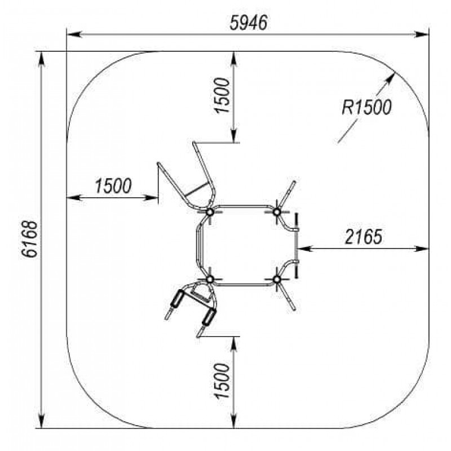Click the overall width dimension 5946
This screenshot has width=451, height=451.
(249, 23)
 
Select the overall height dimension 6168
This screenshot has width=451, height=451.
(29, 240)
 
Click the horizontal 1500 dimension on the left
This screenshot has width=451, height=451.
(113, 185)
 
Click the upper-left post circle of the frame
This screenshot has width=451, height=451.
(210, 212)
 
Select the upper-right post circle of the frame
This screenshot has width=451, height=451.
(277, 212)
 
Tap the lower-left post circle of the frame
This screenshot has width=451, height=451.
(210, 279)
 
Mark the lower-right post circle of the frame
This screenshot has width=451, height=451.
(277, 279)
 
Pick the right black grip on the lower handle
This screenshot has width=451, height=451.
(209, 316)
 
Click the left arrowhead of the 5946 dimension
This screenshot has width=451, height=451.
(70, 34)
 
